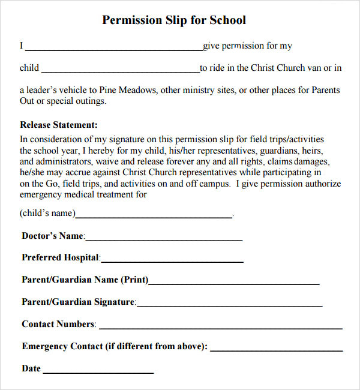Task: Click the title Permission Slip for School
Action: pyautogui.click(x=174, y=20)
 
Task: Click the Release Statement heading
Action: pyautogui.click(x=59, y=125)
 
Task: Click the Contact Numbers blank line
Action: pyautogui.click(x=220, y=328)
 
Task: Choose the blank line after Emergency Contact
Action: pyautogui.click(x=277, y=349)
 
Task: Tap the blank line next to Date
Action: pyautogui.click(x=98, y=372)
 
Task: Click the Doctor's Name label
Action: pyautogui.click(x=53, y=236)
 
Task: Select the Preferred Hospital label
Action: pyautogui.click(x=60, y=257)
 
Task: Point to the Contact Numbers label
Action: pyautogui.click(x=58, y=324)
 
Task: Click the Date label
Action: pyautogui.click(x=31, y=368)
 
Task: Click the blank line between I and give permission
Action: pyautogui.click(x=113, y=49)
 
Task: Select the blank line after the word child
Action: pyautogui.click(x=120, y=71)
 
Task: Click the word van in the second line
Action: pyautogui.click(x=316, y=68)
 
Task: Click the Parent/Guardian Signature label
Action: pyautogui.click(x=78, y=302)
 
